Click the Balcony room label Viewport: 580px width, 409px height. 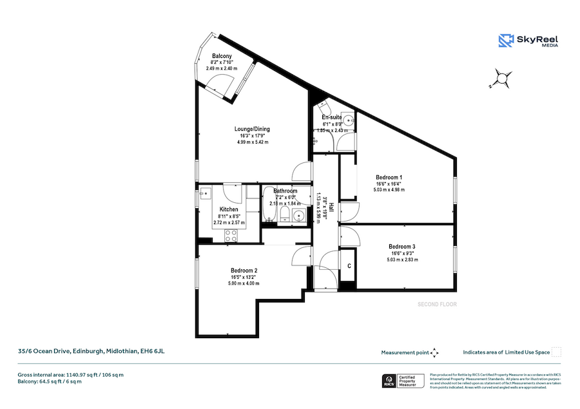click(x=222, y=56)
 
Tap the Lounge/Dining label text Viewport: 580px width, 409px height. click(x=252, y=129)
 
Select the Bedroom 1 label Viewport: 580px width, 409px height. click(x=389, y=177)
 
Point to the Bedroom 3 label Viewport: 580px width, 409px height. click(x=401, y=247)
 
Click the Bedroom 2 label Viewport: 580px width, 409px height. click(x=244, y=270)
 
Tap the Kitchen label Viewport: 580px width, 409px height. click(x=229, y=210)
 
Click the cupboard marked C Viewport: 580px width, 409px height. click(x=349, y=265)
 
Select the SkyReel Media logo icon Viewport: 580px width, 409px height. click(x=506, y=41)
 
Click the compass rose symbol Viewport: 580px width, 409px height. click(x=500, y=79)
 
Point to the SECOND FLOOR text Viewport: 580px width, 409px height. click(x=437, y=304)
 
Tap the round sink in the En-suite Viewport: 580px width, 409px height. click(x=349, y=119)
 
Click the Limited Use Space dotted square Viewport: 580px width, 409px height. click(x=557, y=352)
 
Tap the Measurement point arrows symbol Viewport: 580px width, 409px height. click(x=434, y=352)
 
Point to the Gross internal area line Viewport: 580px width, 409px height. click(x=71, y=374)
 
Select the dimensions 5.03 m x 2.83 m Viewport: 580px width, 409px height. click(x=403, y=260)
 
